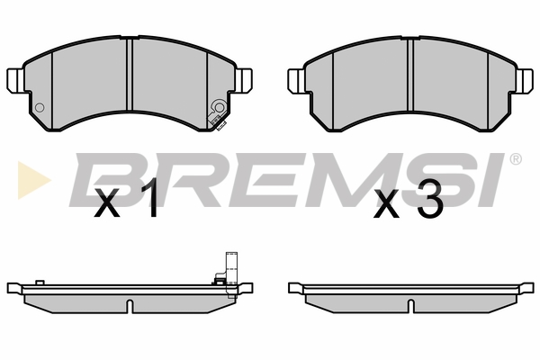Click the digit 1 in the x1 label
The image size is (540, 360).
point(149,199)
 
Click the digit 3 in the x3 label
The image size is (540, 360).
point(430,199)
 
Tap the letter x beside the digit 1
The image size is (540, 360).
point(107,203)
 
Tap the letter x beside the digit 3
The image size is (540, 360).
point(387,203)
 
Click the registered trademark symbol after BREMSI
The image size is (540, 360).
point(515,159)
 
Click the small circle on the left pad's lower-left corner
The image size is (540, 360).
point(40,107)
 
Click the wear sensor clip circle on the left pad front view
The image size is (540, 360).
point(220,107)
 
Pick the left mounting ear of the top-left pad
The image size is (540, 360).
point(15,80)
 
